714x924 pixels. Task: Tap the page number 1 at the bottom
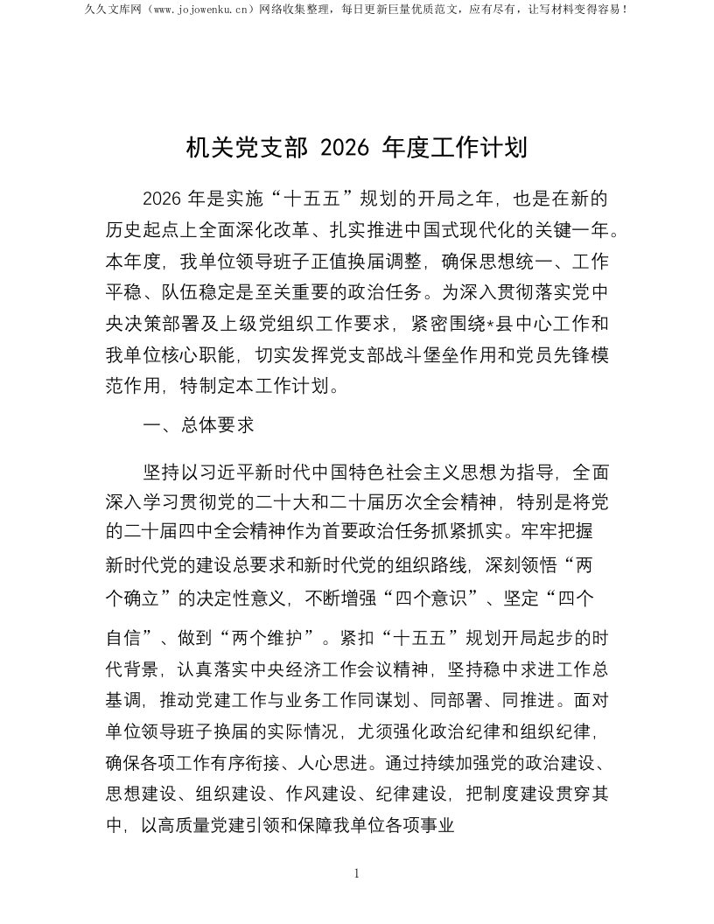tap(357, 873)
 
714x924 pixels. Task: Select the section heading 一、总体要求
tap(199, 426)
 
